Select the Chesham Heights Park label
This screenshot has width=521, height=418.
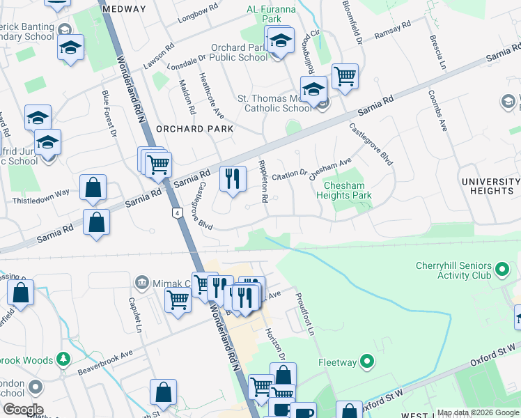pos(348,189)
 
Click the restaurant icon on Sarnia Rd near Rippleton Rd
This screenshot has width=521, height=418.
pos(233,178)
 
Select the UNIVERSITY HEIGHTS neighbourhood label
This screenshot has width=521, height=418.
pos(490,186)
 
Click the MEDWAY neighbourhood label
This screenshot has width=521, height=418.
pos(124,9)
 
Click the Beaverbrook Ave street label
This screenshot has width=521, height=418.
pos(104,354)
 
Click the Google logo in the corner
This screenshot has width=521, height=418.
pos(23,410)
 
